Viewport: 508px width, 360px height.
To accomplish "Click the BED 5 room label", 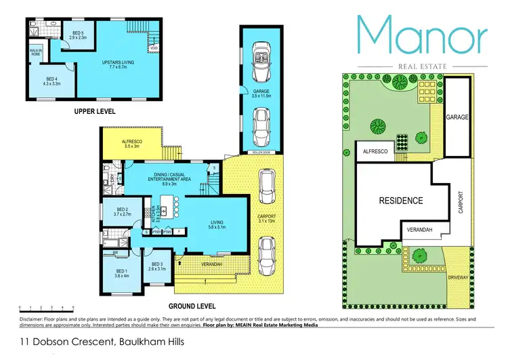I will click(76, 33).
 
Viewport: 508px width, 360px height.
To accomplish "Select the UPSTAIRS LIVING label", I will click(118, 62).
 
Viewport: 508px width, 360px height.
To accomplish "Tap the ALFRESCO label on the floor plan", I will click(131, 142).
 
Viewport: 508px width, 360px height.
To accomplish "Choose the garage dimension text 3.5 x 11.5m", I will click(261, 97).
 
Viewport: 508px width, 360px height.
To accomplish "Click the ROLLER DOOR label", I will click(261, 153).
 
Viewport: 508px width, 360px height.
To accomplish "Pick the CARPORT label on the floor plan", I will click(269, 215).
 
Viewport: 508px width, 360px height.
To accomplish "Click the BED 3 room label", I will click(158, 264).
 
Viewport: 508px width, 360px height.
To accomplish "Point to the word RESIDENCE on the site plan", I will click(400, 201).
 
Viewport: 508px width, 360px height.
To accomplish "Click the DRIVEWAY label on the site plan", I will click(456, 277).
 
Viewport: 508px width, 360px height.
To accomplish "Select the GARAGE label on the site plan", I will click(457, 117).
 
